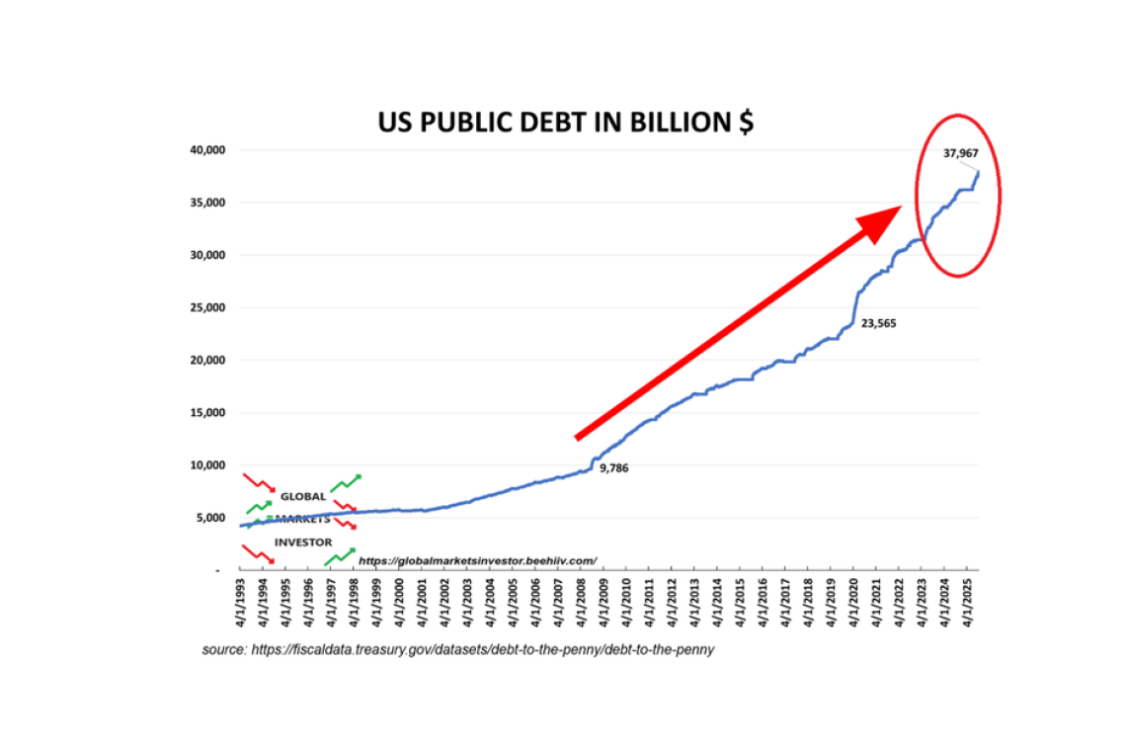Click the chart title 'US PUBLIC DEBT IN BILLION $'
coord(566,122)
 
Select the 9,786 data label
coord(613,467)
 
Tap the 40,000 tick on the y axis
coord(208,150)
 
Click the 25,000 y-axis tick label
coord(208,307)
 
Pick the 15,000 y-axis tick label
coord(208,412)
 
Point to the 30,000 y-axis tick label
coord(208,255)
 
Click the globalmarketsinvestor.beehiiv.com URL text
coord(478,560)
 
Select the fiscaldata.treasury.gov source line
coord(458,650)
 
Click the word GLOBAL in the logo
coord(302,496)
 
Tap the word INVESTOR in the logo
coord(303,542)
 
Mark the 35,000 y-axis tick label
coord(208,203)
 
